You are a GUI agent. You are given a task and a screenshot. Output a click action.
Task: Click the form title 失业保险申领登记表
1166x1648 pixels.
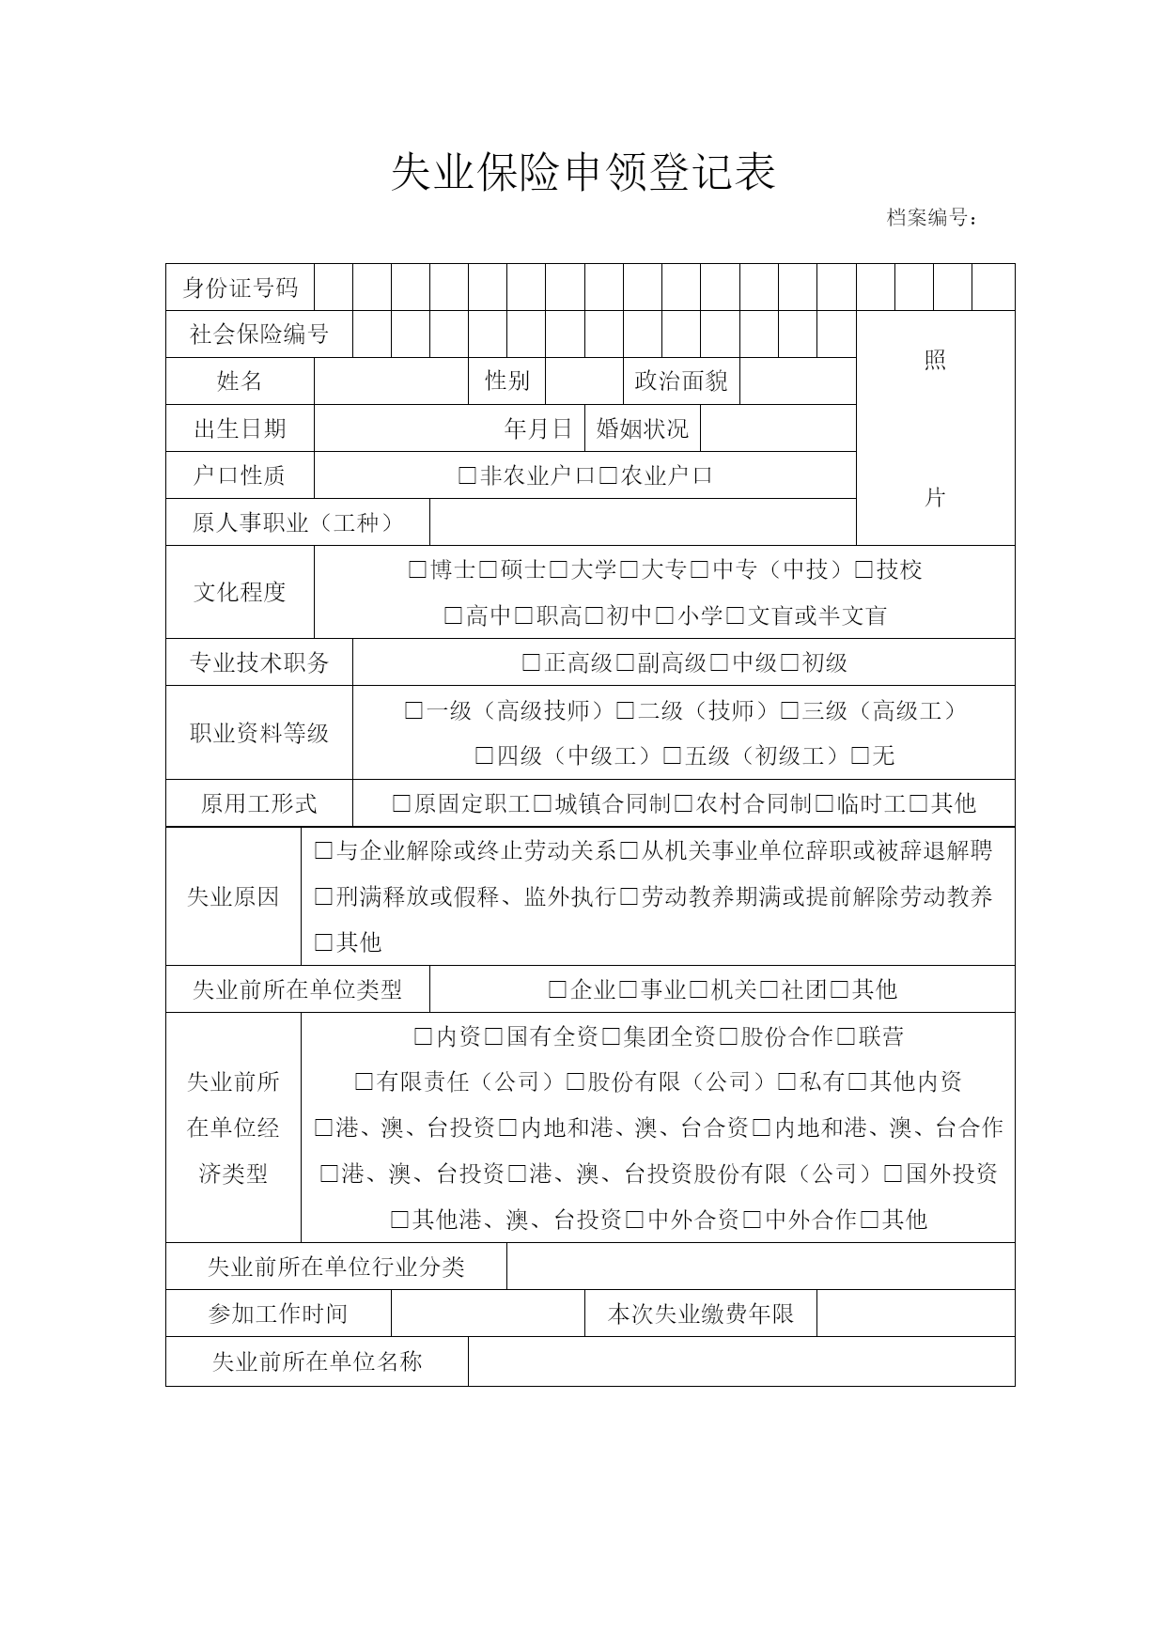tap(583, 173)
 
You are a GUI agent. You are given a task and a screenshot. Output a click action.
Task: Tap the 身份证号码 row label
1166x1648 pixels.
tap(240, 288)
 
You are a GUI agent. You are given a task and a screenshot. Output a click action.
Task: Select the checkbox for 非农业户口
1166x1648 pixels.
tap(467, 476)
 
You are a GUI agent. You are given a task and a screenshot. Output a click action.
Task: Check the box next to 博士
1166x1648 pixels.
tap(417, 570)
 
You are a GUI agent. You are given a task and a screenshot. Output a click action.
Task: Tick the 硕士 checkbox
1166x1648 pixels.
tap(488, 570)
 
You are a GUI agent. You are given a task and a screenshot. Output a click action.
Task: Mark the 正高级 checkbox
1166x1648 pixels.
tap(531, 663)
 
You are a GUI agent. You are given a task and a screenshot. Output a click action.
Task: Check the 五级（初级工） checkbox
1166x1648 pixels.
tap(672, 756)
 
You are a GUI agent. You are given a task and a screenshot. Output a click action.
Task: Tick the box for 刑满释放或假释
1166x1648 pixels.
tap(323, 897)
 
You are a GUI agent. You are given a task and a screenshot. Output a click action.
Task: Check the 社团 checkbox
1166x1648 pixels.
tap(769, 989)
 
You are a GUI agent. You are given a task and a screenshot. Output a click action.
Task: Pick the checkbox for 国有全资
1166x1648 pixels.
tap(493, 1037)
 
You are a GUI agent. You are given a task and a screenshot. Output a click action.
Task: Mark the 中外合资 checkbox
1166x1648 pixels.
tap(634, 1220)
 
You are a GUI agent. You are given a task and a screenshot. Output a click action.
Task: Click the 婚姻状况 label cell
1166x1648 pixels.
tap(643, 429)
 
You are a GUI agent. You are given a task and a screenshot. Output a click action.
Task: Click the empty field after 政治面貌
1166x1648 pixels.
tap(798, 381)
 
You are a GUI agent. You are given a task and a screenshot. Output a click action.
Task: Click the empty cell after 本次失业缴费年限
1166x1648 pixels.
tap(915, 1314)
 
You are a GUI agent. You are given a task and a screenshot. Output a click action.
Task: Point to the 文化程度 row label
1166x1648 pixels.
tap(240, 592)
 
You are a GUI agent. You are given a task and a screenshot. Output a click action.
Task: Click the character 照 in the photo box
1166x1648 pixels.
tap(935, 361)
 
